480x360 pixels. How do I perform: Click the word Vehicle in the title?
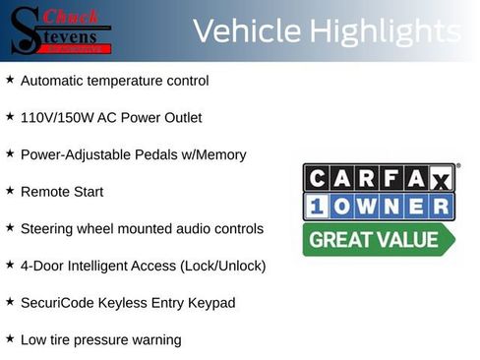click(x=245, y=32)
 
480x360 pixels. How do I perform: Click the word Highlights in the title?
click(x=385, y=32)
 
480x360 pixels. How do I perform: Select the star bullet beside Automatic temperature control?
click(x=10, y=79)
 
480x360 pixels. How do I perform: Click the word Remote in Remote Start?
click(x=45, y=191)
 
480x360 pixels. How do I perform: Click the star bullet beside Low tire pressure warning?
click(x=10, y=338)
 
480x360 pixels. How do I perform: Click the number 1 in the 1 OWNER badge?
click(x=319, y=207)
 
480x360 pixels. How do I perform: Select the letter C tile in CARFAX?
click(x=319, y=178)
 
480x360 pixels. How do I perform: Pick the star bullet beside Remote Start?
click(x=10, y=190)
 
